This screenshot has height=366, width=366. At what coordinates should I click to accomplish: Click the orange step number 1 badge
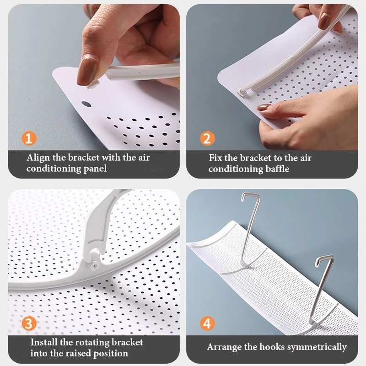tap(29, 139)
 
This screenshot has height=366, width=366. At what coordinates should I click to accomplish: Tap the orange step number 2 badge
tap(207, 139)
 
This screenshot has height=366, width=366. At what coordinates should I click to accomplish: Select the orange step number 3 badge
tap(29, 323)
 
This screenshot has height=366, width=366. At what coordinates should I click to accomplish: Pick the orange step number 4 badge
tap(207, 323)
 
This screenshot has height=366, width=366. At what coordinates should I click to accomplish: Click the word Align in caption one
tap(38, 158)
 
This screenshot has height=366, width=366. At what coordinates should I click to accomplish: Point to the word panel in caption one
tap(95, 169)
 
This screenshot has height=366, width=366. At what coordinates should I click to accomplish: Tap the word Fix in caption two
tap(215, 158)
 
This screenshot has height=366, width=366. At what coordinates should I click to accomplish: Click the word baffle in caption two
tap(278, 168)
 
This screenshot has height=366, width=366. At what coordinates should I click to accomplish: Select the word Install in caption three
tap(44, 342)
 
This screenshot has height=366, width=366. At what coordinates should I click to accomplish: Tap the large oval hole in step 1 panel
tap(86, 104)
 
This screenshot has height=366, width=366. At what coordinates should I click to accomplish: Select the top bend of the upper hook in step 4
tap(251, 194)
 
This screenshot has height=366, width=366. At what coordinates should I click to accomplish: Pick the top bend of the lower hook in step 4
tap(324, 258)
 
